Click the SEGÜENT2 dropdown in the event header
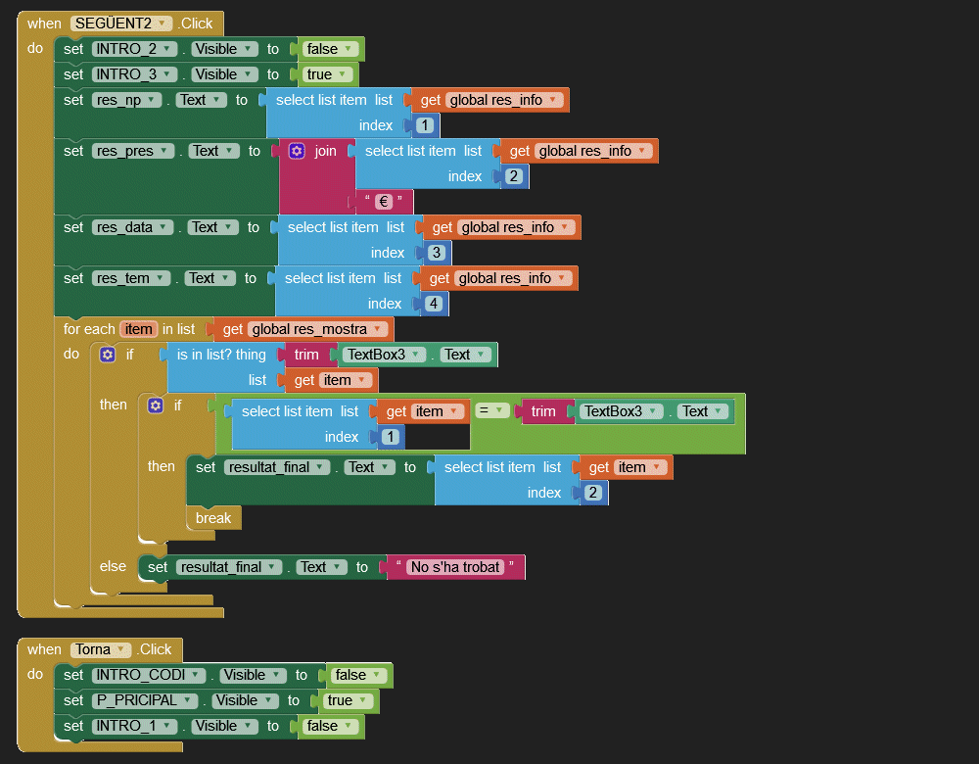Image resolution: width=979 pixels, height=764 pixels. tap(121, 24)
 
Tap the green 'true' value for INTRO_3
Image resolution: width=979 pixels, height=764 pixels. tap(327, 74)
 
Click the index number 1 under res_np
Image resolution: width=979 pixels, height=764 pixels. tap(425, 125)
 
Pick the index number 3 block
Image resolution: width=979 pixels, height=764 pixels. tap(437, 253)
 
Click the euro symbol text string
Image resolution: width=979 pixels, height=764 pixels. tap(385, 202)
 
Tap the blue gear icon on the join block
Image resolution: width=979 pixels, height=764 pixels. tap(297, 151)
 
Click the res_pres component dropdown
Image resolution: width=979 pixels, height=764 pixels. tap(133, 151)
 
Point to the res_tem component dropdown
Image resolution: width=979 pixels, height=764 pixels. tap(132, 278)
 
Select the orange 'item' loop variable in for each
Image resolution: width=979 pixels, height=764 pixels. tap(138, 329)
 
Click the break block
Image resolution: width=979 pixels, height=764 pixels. tap(212, 518)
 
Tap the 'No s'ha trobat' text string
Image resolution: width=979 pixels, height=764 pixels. tap(455, 567)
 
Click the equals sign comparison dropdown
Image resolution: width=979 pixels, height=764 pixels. tap(492, 411)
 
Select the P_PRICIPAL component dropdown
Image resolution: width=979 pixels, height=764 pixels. tap(145, 700)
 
